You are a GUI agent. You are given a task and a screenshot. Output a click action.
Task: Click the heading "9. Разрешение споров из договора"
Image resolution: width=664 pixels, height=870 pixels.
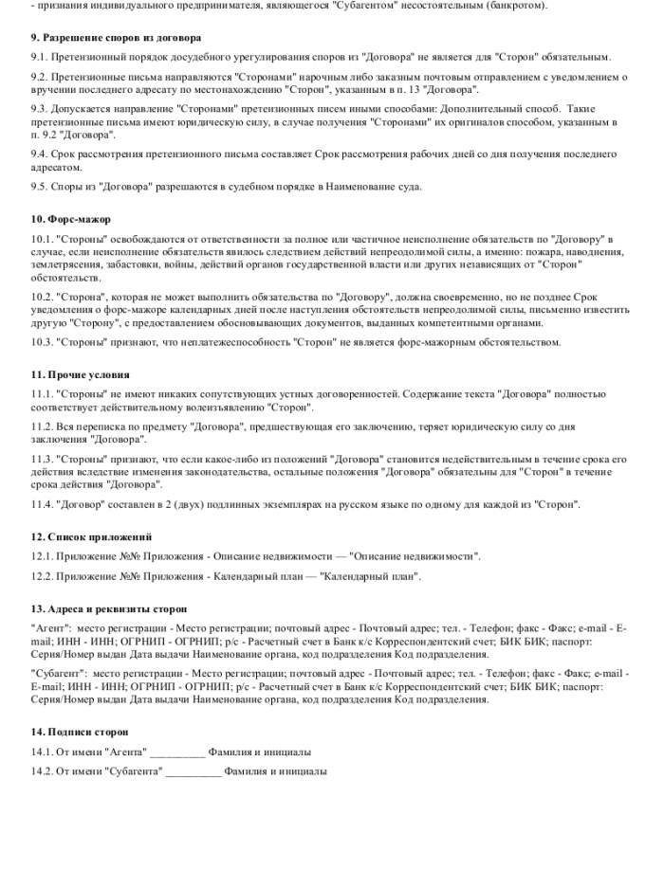(116, 38)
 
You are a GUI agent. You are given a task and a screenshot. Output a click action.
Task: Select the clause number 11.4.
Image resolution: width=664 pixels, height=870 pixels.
(45, 504)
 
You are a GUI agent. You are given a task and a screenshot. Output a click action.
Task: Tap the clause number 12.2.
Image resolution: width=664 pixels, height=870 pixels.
(45, 576)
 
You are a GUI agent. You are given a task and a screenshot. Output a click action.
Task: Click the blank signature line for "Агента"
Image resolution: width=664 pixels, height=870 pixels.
(177, 753)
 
